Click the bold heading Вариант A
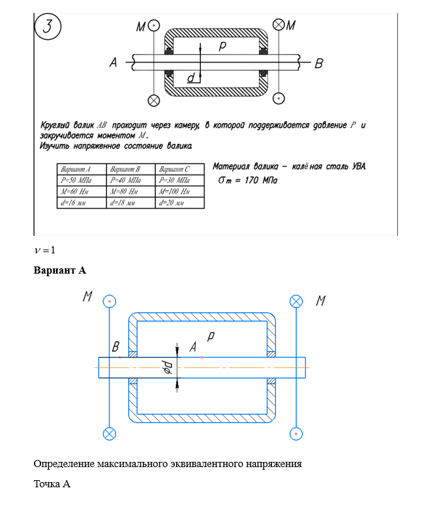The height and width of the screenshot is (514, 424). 59,270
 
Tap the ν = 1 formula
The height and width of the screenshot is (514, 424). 45,250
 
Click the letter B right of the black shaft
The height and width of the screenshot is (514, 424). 319,63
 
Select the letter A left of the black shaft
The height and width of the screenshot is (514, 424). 113,63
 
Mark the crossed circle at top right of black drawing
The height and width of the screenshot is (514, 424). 279,25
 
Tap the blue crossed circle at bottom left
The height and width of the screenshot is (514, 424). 110,433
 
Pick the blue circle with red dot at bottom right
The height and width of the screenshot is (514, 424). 296,433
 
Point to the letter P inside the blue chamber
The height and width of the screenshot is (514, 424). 210,337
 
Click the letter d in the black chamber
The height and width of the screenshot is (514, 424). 190,78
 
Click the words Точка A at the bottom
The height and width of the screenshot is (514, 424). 52,484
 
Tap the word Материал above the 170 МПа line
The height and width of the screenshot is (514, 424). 232,167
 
